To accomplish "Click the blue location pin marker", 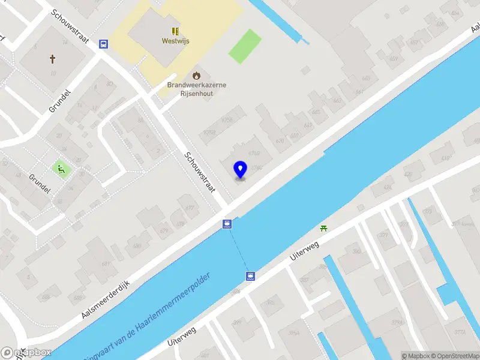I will (x=240, y=170).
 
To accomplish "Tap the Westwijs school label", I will (x=175, y=41).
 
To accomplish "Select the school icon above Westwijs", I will (x=175, y=31).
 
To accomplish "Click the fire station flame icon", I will (x=196, y=76).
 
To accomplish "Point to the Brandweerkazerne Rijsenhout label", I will (x=197, y=89).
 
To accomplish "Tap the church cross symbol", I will (x=52, y=59).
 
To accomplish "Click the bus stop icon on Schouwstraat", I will (x=104, y=44).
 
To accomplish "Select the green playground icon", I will (x=61, y=169).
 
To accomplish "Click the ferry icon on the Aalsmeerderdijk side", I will (x=227, y=224).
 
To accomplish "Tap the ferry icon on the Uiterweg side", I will (x=250, y=276).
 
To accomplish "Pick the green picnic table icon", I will (x=324, y=227).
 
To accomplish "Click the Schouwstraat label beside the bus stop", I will (x=71, y=28).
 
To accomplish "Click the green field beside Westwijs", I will (x=245, y=46).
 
